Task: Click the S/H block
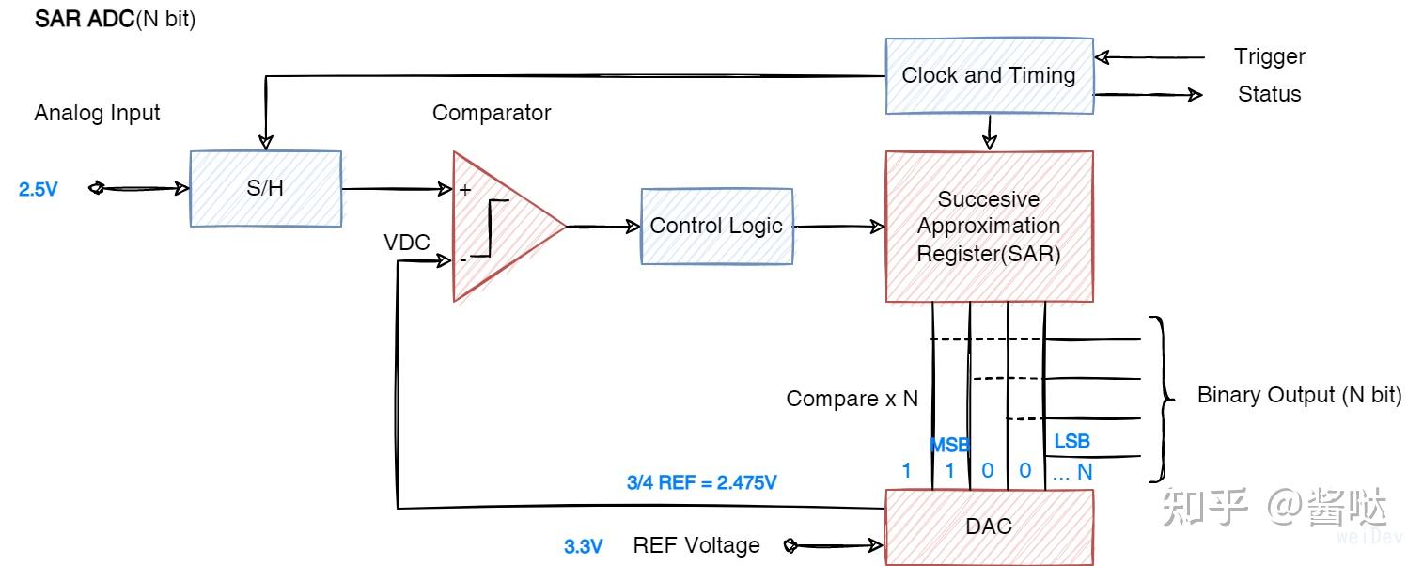265,188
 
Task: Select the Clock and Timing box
989,75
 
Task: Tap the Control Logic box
716,226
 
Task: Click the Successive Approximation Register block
989,227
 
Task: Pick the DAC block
989,527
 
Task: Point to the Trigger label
1269,56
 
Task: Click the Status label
1269,94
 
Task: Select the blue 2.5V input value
39,189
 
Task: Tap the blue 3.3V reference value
583,546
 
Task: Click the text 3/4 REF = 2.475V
701,483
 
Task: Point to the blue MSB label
949,446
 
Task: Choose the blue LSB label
1071,441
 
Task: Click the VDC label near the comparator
406,243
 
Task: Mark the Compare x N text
852,399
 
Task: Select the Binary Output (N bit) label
1299,395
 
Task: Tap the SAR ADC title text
115,20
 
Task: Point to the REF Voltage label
696,545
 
